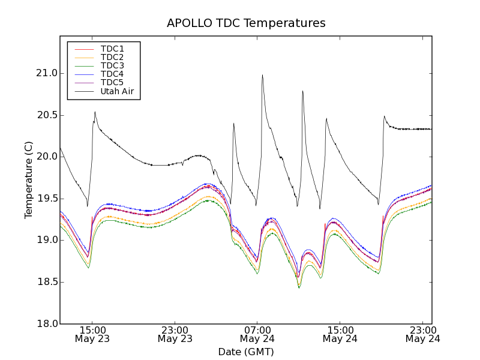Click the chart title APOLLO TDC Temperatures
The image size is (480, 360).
(x=246, y=23)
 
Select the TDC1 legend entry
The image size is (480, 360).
(x=112, y=49)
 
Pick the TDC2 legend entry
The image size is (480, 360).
(x=112, y=57)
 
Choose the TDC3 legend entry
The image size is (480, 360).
(x=112, y=65)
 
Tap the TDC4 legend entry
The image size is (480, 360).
(x=112, y=74)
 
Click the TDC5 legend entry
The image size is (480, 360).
(x=112, y=82)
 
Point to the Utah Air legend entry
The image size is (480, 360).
(x=117, y=91)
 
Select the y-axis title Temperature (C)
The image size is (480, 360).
(x=29, y=180)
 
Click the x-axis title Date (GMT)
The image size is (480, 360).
(x=246, y=352)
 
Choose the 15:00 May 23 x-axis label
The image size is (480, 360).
(x=92, y=334)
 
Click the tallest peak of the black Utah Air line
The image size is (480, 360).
(x=262, y=75)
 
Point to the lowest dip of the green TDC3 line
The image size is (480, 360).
(x=299, y=288)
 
